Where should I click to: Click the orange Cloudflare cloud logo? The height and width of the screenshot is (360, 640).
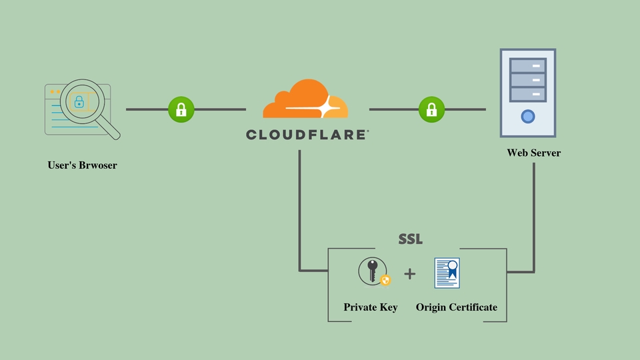(305, 100)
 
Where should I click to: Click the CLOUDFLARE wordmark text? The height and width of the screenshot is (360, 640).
(307, 135)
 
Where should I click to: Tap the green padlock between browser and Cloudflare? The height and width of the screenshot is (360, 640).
(181, 109)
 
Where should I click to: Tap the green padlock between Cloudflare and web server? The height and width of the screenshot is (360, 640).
(431, 109)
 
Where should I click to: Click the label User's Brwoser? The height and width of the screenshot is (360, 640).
(82, 165)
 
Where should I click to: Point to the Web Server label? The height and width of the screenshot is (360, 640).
(533, 153)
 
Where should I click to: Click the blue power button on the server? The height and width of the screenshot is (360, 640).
(528, 117)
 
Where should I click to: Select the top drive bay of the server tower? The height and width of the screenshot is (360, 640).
(528, 65)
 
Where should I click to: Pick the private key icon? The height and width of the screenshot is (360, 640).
(372, 273)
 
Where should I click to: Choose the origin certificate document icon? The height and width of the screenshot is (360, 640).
(447, 273)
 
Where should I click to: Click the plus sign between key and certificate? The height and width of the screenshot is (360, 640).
(409, 273)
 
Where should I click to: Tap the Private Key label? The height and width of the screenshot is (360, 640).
(371, 307)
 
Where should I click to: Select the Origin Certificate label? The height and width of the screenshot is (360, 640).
(457, 307)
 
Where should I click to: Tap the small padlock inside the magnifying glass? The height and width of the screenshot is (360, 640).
(79, 102)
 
